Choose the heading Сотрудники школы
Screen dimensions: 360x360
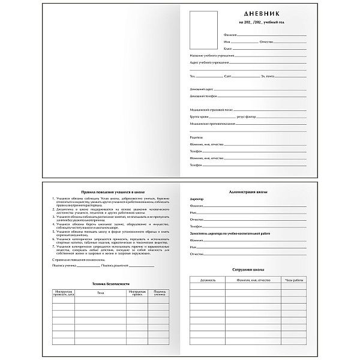point(247,271)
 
